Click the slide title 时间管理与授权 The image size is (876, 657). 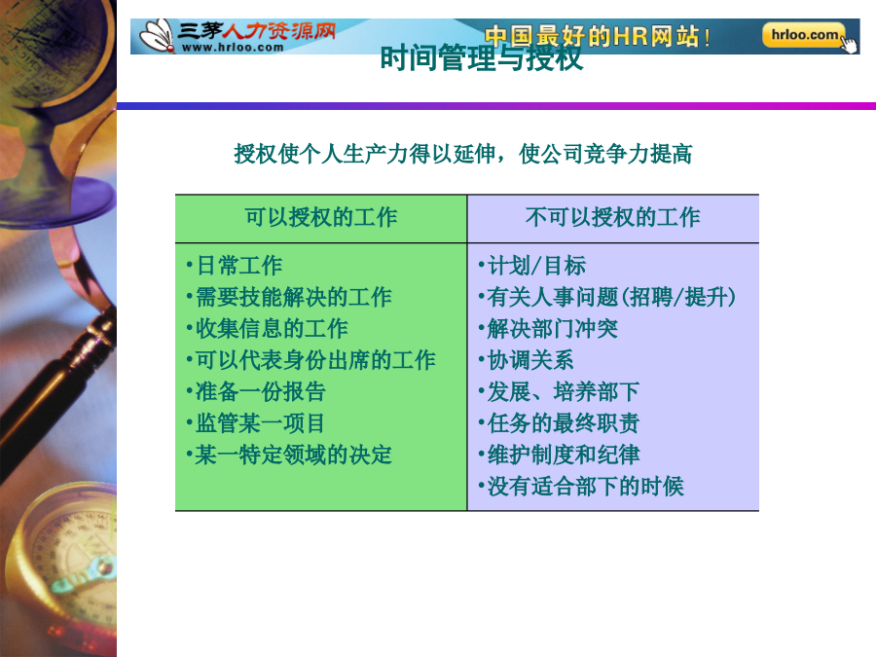[x=482, y=58]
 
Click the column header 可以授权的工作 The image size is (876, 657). [x=321, y=217]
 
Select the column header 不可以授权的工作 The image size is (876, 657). [x=613, y=217]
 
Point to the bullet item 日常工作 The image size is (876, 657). [x=235, y=266]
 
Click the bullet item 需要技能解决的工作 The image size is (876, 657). [x=289, y=297]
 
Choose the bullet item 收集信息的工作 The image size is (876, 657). [x=268, y=329]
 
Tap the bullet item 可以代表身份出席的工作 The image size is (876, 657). [x=311, y=360]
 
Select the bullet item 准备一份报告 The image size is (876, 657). [x=256, y=391]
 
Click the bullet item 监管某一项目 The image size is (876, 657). [x=256, y=423]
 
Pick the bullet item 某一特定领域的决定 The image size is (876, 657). [x=289, y=455]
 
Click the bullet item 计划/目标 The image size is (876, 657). [x=532, y=266]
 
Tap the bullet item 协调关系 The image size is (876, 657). [x=527, y=360]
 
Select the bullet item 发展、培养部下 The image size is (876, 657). [x=560, y=391]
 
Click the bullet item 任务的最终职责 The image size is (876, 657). [x=560, y=423]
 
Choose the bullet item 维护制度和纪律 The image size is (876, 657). [x=560, y=455]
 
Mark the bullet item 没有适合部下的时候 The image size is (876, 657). [x=581, y=487]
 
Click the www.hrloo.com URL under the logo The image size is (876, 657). [x=233, y=48]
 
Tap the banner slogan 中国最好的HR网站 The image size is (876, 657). [x=597, y=36]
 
